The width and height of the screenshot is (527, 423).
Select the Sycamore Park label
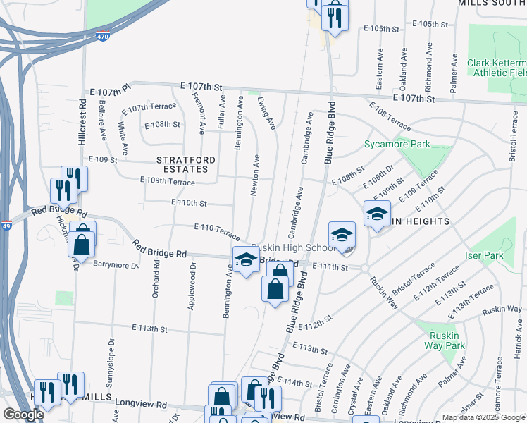pos(397,145)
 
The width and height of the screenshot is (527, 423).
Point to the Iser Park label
pos(484,255)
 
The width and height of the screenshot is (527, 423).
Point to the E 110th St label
pos(190,203)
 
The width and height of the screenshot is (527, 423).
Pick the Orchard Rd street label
pos(155,285)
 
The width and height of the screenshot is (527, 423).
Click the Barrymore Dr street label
pos(116,265)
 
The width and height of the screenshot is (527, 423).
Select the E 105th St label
pos(381,28)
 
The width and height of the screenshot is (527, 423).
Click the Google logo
pos(23,415)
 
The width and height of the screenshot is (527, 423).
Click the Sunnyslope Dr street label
pos(110,367)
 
